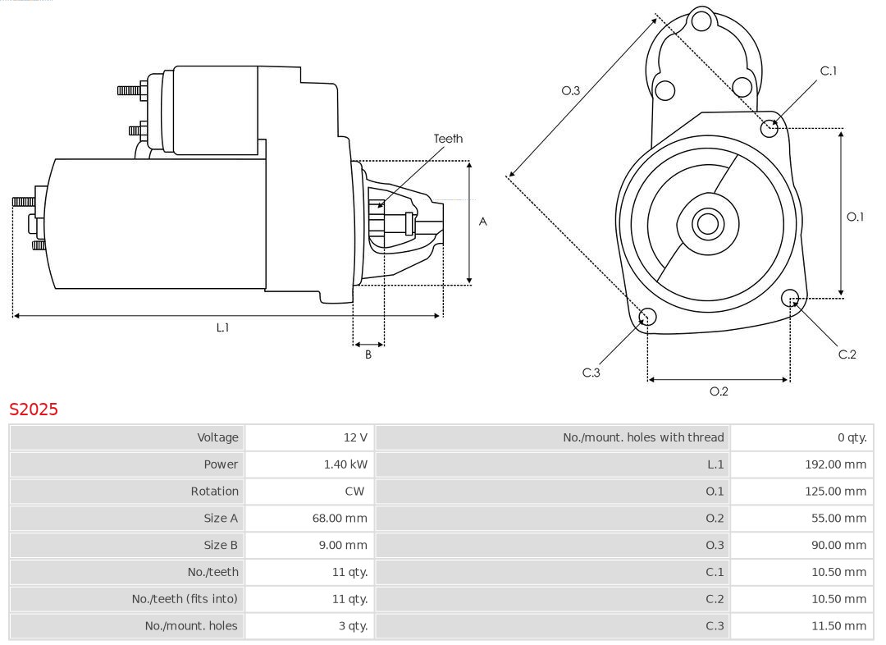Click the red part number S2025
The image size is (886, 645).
tap(34, 409)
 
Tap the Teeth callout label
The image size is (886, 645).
tap(448, 139)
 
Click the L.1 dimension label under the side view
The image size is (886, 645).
tap(222, 327)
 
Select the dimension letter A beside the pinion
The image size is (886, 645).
tap(483, 222)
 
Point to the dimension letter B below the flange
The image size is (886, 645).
tap(368, 355)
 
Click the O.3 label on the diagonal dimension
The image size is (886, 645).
tap(570, 90)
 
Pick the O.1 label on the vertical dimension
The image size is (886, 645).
tap(855, 217)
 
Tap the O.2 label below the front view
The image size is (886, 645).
tap(719, 391)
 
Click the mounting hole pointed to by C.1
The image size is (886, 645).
tap(769, 127)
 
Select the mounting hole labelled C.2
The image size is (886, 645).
tap(790, 297)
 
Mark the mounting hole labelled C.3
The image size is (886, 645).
tap(647, 317)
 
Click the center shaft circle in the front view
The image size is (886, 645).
tap(706, 223)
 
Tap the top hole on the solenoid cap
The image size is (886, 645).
tap(701, 21)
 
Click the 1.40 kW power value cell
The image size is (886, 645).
tap(345, 464)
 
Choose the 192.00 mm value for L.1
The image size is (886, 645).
tap(835, 464)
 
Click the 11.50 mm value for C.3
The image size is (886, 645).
tap(838, 625)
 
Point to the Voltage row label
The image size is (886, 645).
tap(217, 437)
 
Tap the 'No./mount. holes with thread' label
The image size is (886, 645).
tap(643, 437)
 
